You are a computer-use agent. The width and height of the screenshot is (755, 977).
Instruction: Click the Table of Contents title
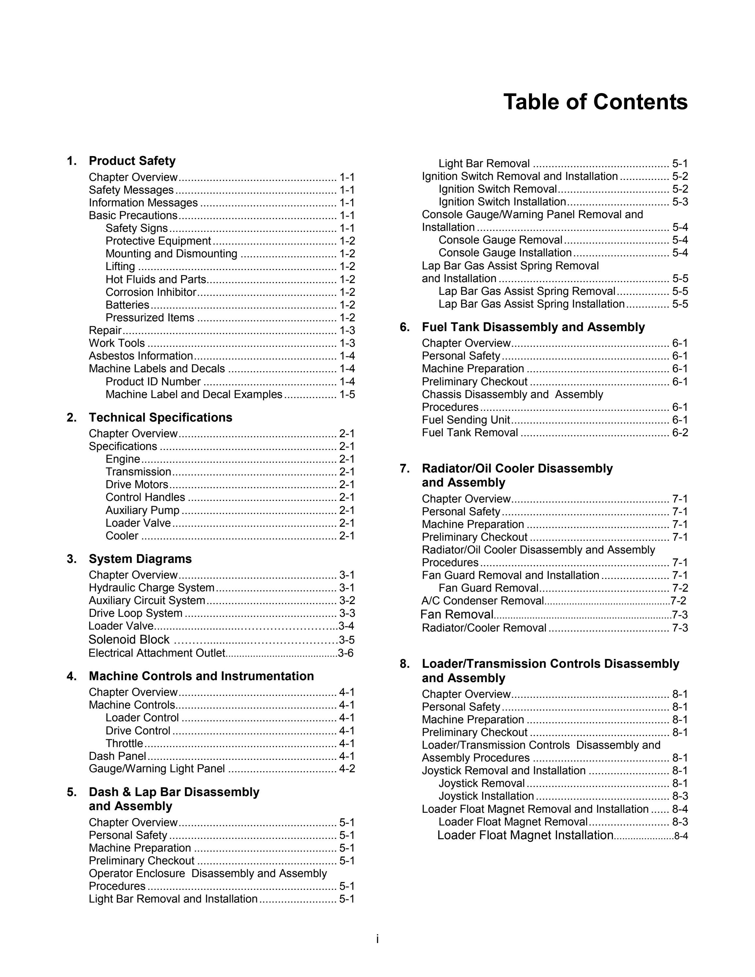595,102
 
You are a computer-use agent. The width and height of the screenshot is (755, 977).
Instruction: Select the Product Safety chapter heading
132,161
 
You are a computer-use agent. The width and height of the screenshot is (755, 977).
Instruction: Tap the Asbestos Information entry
140,356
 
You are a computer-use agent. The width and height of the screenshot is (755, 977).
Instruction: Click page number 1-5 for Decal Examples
347,394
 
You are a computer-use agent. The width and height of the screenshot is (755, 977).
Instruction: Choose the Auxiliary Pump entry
142,510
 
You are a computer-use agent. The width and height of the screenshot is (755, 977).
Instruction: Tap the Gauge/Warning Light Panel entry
156,769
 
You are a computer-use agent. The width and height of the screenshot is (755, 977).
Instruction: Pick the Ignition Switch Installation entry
502,202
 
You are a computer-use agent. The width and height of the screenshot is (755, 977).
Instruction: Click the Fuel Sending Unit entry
466,420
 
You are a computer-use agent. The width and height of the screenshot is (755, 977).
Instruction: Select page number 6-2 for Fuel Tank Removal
680,433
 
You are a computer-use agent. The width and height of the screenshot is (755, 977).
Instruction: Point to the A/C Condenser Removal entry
483,601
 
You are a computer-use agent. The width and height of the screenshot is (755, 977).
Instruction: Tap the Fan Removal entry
457,614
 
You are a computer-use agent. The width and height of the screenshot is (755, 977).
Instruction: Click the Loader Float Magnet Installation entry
525,835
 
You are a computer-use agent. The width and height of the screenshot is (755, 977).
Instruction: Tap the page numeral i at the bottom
377,939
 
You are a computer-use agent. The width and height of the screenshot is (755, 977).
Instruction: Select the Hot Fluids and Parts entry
156,280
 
